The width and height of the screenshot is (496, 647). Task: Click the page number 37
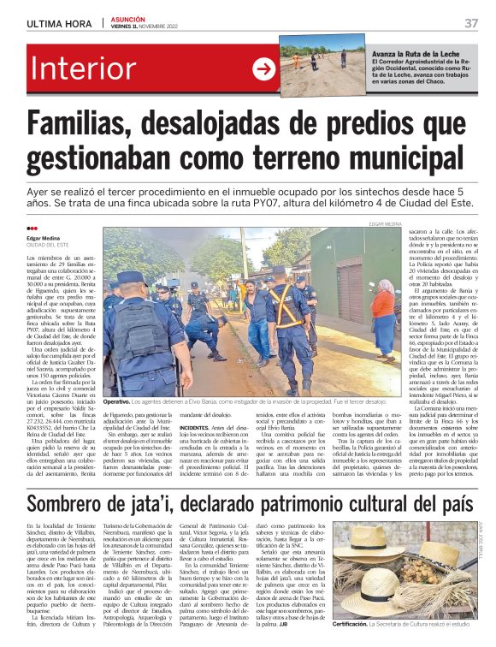coord(470,22)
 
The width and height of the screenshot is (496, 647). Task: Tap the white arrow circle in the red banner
coord(263,68)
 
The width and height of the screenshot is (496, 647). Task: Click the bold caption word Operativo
coord(117,401)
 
